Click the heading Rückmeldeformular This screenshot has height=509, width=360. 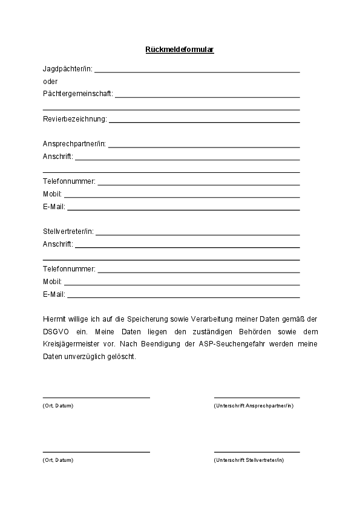[x=180, y=50]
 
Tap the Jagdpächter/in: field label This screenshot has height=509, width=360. [x=67, y=69]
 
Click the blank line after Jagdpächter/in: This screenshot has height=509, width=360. [x=197, y=72]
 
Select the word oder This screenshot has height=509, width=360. [x=50, y=81]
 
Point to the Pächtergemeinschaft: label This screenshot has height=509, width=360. [x=77, y=94]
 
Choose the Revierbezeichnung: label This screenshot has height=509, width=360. [x=74, y=119]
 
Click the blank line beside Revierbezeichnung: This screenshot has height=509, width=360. [x=204, y=122]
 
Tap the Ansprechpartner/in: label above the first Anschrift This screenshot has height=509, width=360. [x=74, y=144]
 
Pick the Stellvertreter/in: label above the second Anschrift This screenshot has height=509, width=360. [x=68, y=232]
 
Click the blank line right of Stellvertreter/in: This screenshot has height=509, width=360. [x=197, y=235]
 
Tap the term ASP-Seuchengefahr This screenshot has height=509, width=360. [x=225, y=344]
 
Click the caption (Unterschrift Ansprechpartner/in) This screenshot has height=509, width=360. [x=254, y=406]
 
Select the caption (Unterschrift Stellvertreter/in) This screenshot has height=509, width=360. [x=249, y=461]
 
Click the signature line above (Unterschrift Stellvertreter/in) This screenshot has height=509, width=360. [x=257, y=452]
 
